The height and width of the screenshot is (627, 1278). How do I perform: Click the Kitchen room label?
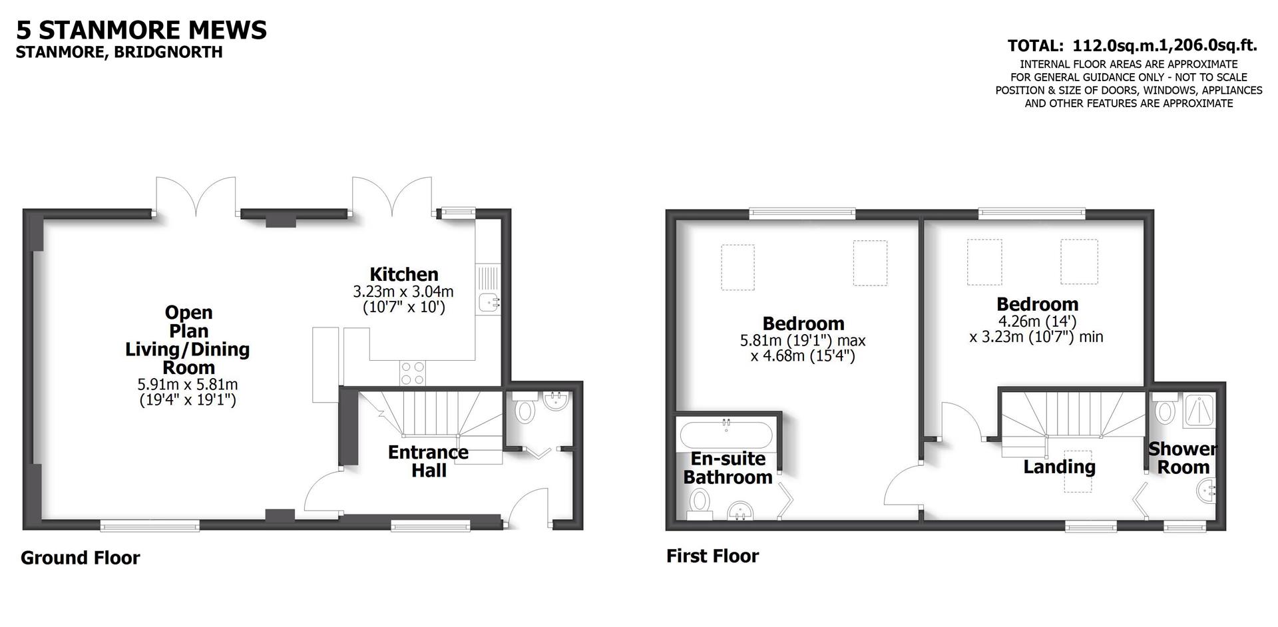click(x=403, y=274)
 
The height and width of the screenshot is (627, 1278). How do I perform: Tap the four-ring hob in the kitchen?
click(x=413, y=373)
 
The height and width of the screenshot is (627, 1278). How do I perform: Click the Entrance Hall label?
click(x=428, y=461)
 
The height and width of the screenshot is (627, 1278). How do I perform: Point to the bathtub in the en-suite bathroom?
click(x=726, y=436)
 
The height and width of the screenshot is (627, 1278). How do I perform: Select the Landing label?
click(x=1059, y=467)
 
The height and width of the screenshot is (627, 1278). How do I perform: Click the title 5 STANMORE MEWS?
click(x=141, y=30)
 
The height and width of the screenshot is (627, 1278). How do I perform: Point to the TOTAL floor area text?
click(x=1132, y=45)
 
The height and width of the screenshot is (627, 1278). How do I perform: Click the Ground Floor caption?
click(x=80, y=558)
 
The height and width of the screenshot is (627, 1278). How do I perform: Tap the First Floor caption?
click(x=712, y=556)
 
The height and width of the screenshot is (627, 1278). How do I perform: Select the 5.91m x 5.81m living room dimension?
click(x=188, y=385)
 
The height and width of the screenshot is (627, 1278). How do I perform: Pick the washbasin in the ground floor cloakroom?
click(x=556, y=401)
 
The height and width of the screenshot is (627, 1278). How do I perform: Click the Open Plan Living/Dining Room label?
click(x=188, y=339)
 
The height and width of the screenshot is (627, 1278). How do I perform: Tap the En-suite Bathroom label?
click(x=728, y=468)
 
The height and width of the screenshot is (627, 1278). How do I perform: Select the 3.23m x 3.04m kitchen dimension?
click(x=403, y=292)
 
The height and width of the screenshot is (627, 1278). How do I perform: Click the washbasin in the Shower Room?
click(x=1206, y=493)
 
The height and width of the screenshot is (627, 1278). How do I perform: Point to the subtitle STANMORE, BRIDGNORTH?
click(x=119, y=52)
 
